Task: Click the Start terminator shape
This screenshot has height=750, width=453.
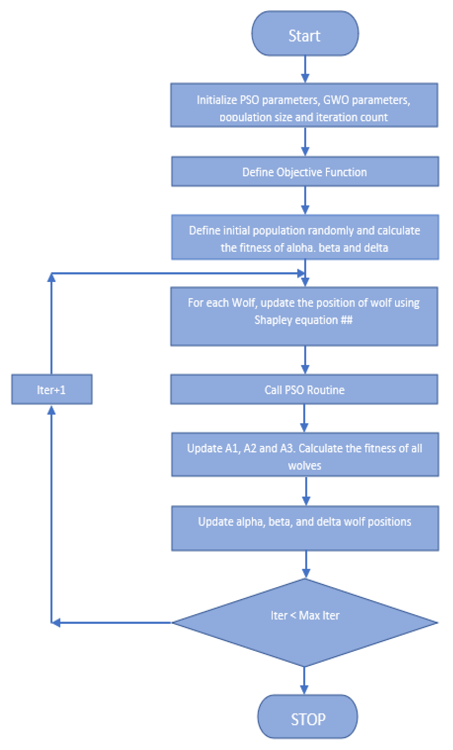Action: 305,34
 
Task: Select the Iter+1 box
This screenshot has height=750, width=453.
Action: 52,389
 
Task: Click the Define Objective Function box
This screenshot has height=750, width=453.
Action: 305,172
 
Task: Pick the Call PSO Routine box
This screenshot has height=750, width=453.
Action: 304,389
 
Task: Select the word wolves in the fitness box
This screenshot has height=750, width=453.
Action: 304,465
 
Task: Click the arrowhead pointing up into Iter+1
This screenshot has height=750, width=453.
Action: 51,410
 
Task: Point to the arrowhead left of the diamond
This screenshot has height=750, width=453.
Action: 56,623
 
